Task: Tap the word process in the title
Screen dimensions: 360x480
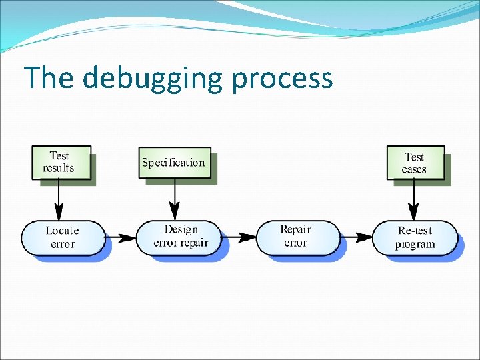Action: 282,79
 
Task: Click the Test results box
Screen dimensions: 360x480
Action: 59,163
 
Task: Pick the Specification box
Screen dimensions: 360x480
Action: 173,163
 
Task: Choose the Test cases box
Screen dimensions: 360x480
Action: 414,163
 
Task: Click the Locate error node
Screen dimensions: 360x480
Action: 63,237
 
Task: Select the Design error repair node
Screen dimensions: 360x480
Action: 181,237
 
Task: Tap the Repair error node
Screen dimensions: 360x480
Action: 296,237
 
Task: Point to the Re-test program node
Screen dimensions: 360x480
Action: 415,237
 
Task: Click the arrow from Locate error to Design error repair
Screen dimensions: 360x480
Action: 120,237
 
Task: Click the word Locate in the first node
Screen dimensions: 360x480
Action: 63,231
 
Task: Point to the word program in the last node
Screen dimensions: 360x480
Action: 415,244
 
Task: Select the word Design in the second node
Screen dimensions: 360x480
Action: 181,230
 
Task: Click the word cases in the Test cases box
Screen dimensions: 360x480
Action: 414,169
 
